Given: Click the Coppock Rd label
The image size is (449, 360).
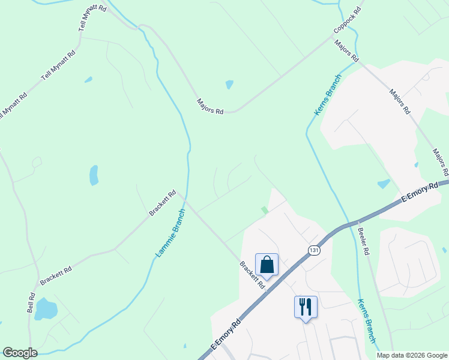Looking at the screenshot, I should pos(348,21).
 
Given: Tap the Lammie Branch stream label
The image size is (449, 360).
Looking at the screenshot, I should pos(170,233).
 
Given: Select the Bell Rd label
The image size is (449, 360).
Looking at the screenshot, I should pos(32,302).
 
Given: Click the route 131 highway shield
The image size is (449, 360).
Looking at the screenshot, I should pos(313,250).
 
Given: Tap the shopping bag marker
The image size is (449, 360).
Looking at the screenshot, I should pos(267,264).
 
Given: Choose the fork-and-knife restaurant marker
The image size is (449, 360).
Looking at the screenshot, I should pos(306,307).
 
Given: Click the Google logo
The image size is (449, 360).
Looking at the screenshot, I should pos(20,353).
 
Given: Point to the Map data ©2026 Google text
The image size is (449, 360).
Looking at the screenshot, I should pos(412,355).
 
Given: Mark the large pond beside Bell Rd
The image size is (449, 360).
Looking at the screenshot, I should pos(46,309).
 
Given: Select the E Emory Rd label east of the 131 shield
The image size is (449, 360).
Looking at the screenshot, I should pos(420,194).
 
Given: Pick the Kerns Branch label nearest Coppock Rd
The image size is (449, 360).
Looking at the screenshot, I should pos(327,94).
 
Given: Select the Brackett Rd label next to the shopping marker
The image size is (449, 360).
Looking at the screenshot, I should pos(252,274).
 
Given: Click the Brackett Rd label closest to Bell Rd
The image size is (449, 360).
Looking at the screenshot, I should pos(56,275).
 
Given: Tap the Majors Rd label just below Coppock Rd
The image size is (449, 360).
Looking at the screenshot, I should pos(346,52).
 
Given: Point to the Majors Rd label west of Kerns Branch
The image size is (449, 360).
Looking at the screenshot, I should pos(210,107).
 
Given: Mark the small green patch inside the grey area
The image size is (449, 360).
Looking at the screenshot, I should pos(265,210).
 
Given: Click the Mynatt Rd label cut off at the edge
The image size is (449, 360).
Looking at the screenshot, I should pos(13,106).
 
